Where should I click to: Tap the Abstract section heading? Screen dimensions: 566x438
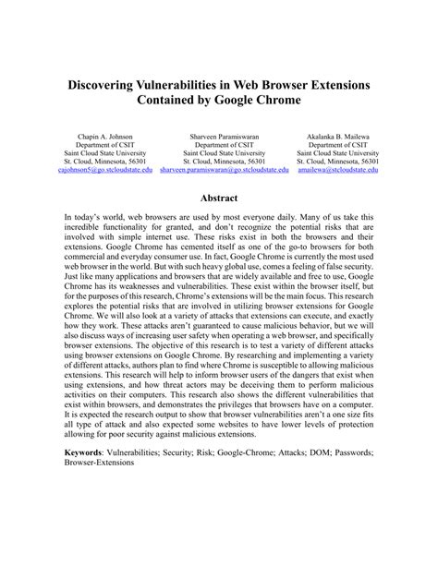click(219, 199)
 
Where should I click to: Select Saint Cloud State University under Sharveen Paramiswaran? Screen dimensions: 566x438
click(219, 153)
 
